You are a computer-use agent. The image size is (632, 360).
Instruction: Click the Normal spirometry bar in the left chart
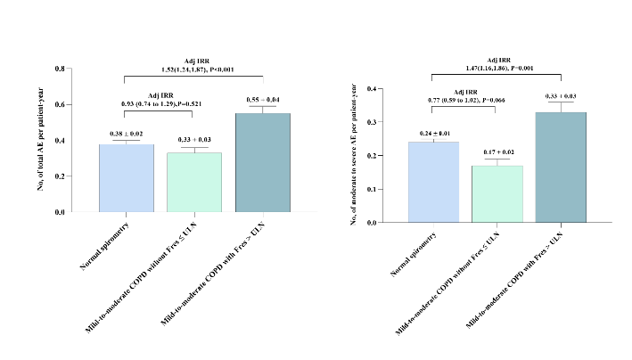click(x=127, y=178)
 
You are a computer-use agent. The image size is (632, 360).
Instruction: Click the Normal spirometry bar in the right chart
click(x=433, y=182)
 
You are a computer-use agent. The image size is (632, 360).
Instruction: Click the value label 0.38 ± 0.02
click(x=127, y=134)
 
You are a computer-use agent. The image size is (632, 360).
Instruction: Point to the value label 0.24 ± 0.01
click(x=433, y=133)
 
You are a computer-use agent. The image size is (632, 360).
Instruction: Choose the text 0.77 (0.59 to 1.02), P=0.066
click(x=470, y=102)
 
